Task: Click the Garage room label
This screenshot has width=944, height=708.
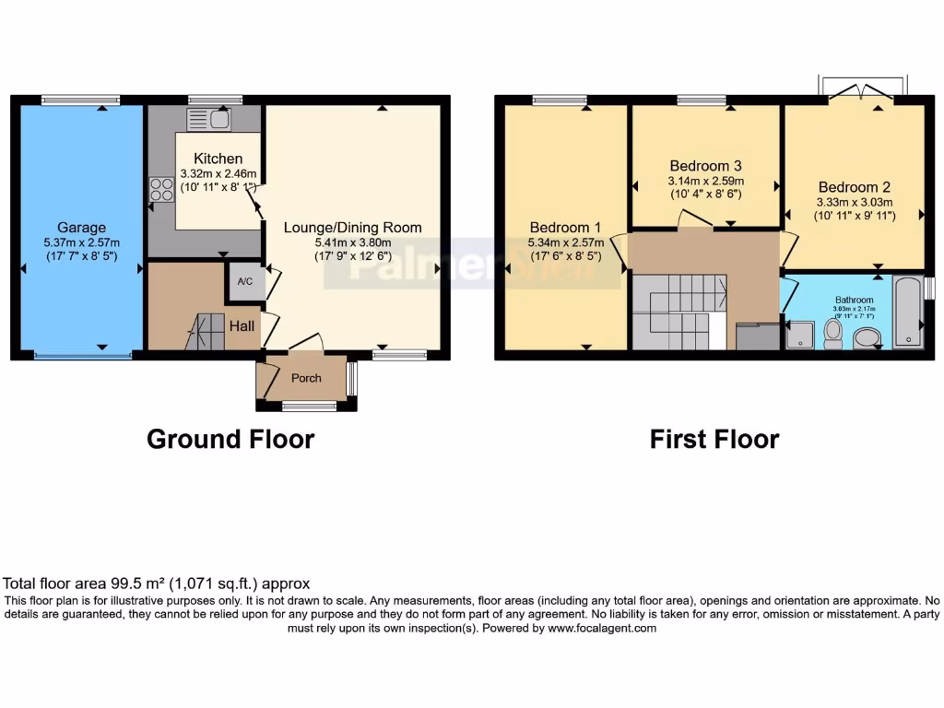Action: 82,228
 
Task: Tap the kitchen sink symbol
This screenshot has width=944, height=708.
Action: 208,119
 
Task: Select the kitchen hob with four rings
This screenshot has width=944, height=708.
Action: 161,189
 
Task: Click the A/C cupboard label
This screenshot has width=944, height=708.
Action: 245,282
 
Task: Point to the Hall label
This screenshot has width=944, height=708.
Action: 242,325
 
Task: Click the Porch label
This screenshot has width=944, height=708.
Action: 306,379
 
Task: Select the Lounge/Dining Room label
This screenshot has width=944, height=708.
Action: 352,228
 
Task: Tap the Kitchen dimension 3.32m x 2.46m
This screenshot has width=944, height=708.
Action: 218,173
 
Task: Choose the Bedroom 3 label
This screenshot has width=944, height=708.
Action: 705,166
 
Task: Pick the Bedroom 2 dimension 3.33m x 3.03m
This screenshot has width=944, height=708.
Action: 854,203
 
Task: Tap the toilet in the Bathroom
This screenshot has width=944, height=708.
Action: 833,333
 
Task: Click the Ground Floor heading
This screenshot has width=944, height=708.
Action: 230,440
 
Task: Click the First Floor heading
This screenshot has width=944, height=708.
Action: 714,440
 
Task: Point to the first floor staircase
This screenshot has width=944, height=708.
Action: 678,312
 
